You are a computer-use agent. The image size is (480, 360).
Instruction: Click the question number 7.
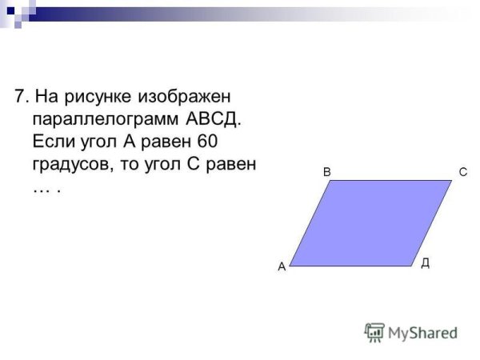[20, 98]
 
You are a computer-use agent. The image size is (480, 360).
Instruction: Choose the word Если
[52, 143]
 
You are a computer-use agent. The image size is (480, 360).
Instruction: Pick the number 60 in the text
[207, 143]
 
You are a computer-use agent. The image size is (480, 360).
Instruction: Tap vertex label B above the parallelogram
[326, 172]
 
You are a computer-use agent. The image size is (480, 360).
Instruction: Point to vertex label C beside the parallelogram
[462, 172]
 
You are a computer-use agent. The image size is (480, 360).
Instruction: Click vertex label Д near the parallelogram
[425, 262]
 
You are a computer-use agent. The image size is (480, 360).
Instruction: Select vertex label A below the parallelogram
[282, 269]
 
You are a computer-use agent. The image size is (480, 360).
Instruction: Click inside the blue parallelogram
[370, 222]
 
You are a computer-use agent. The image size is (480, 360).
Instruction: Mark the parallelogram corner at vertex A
[290, 265]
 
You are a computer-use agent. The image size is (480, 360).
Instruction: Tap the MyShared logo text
[422, 332]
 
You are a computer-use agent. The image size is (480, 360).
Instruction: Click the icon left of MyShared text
[374, 331]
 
